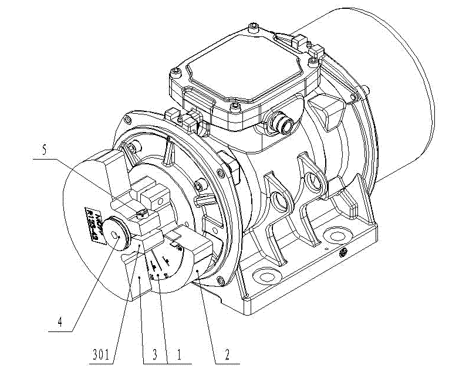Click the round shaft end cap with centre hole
tap(119, 235)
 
